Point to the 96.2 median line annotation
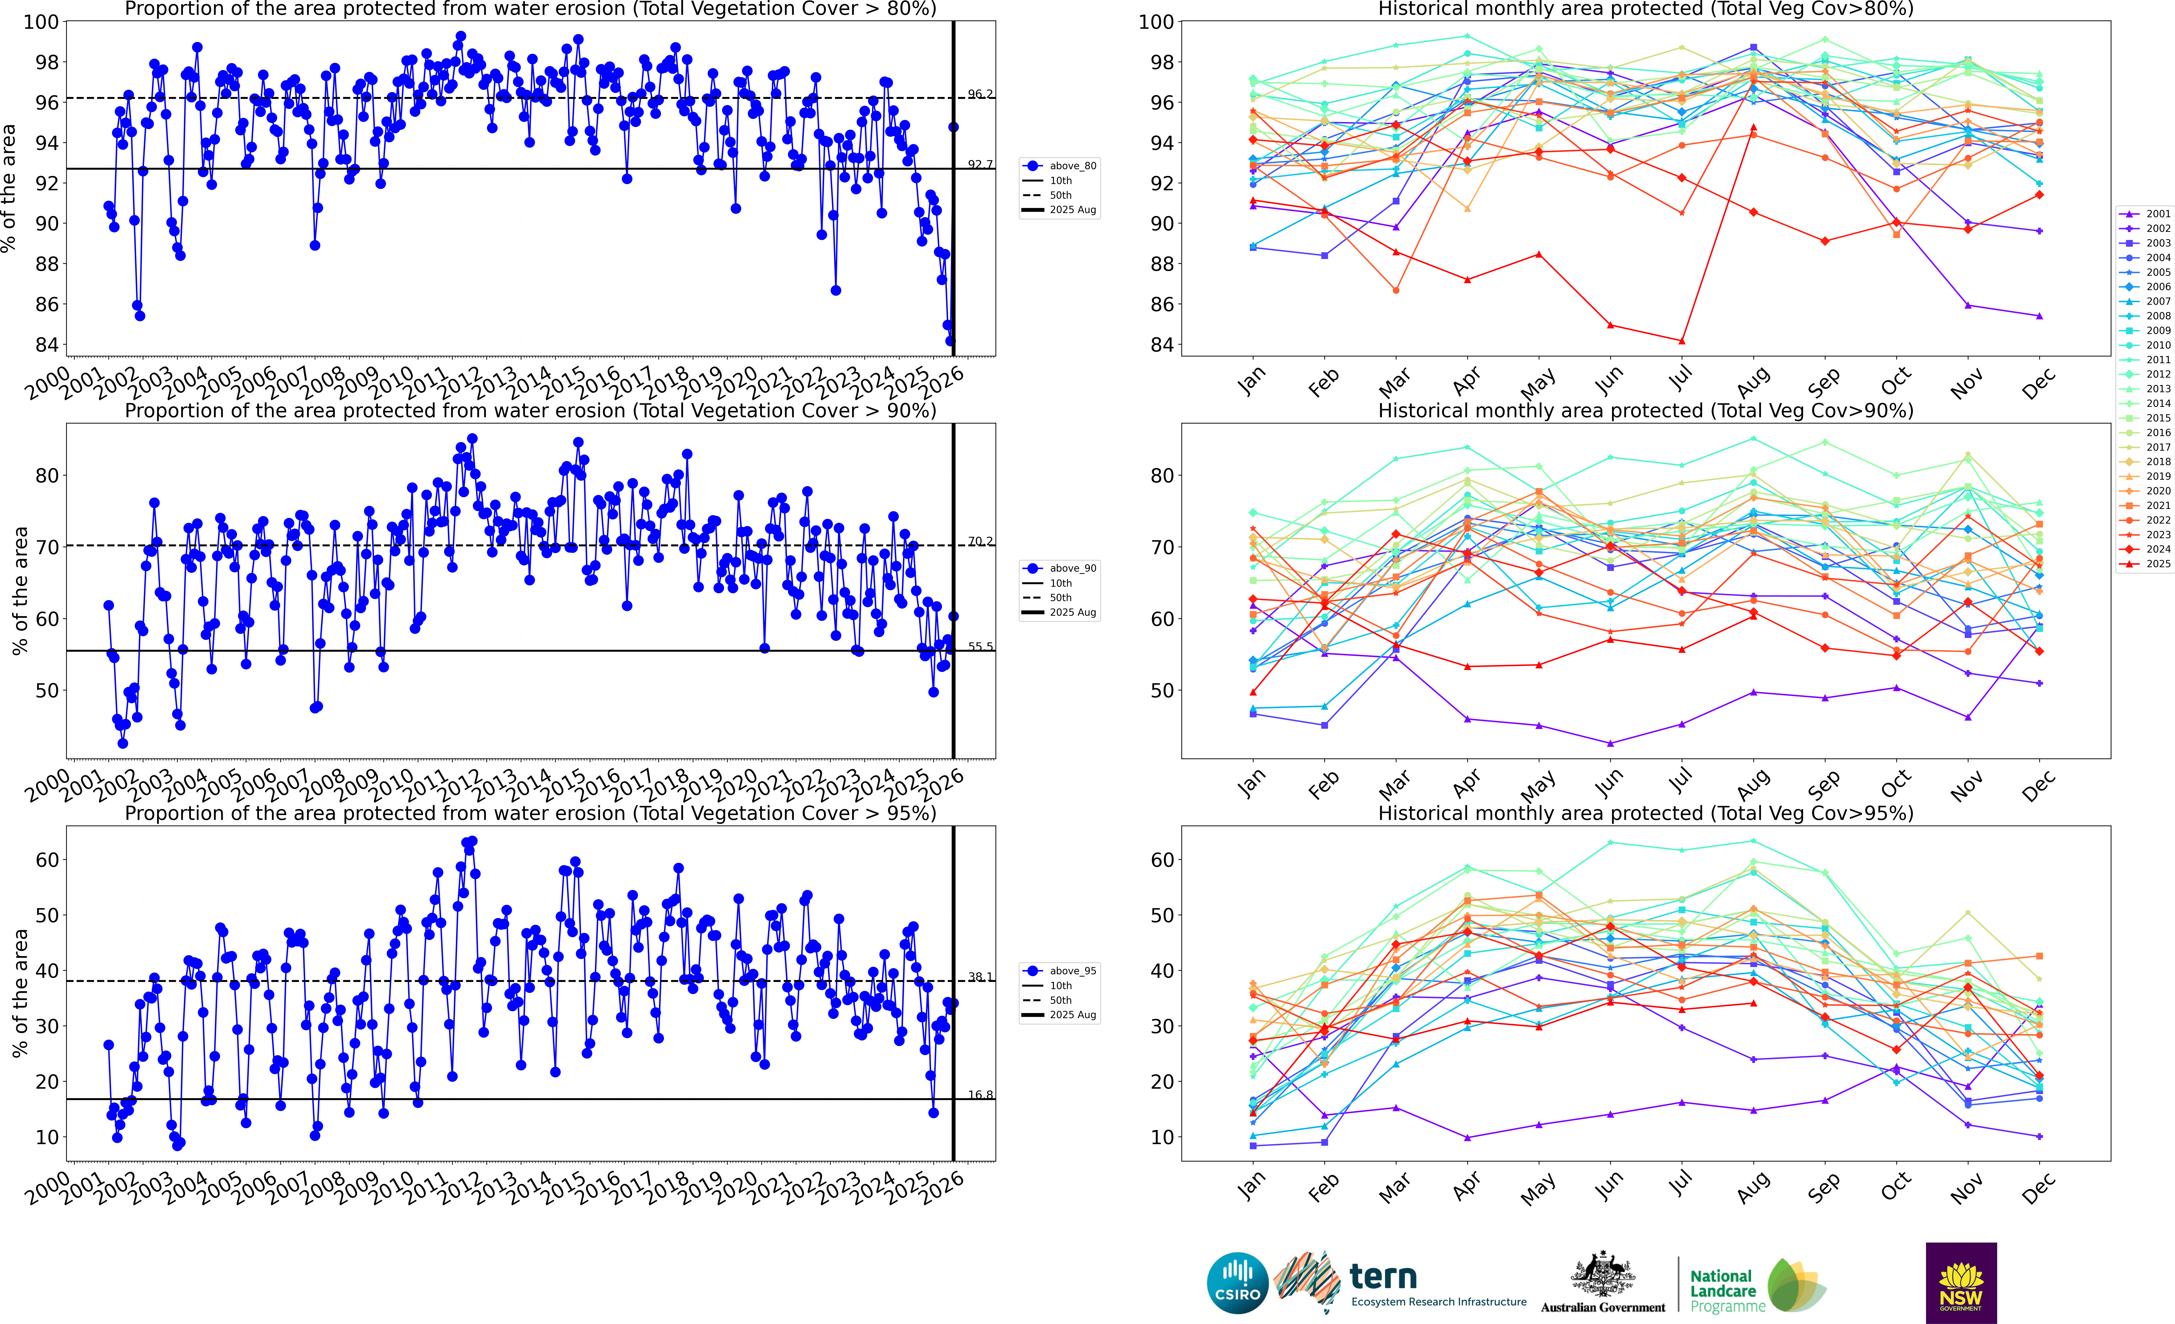coord(980,94)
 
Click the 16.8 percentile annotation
coord(980,1094)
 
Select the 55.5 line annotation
coord(980,646)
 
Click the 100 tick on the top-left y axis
coord(41,22)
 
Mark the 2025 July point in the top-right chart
coord(1682,341)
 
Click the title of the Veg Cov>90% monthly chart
coord(1645,411)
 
